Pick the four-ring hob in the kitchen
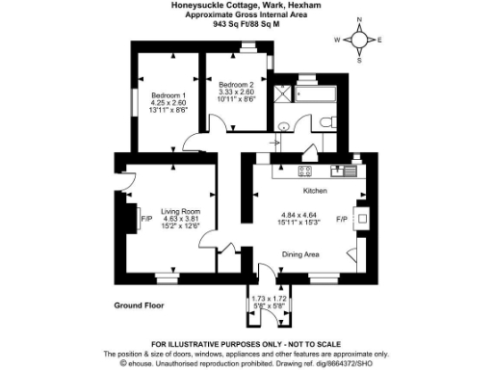[304, 172]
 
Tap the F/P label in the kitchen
[341, 220]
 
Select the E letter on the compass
[379, 40]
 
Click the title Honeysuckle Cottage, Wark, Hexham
[246, 6]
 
